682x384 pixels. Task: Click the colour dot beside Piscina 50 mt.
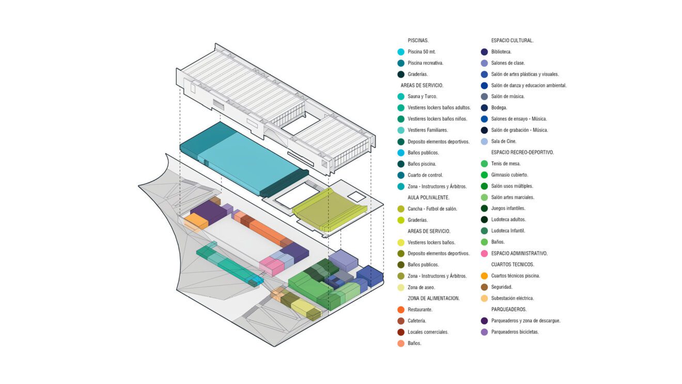tap(401, 52)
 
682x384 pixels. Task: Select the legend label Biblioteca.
tap(501, 52)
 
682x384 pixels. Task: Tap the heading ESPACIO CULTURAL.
tap(512, 40)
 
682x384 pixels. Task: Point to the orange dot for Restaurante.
tap(401, 310)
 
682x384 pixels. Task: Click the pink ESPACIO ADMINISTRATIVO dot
tap(484, 253)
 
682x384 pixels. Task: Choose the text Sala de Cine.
tap(504, 141)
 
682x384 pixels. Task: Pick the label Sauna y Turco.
tap(422, 97)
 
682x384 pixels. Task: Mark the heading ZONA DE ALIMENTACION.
tap(433, 298)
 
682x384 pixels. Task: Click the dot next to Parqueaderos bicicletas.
tap(484, 332)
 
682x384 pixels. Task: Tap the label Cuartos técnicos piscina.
tap(516, 276)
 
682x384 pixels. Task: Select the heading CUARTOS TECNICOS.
tap(513, 265)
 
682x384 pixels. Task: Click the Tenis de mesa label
tap(506, 164)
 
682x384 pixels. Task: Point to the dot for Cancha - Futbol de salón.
tap(401, 209)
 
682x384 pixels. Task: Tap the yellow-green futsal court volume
tap(329, 210)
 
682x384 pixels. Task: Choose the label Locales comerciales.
tap(428, 332)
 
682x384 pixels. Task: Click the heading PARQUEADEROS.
tap(509, 310)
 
